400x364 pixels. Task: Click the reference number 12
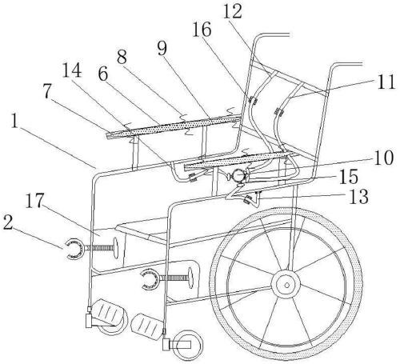point(233,11)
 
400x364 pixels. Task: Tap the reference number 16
point(202,30)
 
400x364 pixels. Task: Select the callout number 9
point(162,49)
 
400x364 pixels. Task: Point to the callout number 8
point(122,56)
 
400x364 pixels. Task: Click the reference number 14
point(72,70)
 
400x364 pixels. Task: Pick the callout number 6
point(103,74)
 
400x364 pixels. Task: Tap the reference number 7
point(47,91)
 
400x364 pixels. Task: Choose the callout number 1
point(14,122)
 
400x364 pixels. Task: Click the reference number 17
point(34,201)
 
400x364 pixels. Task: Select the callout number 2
point(8,223)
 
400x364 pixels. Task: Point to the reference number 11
point(386,82)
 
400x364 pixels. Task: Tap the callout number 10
point(384,158)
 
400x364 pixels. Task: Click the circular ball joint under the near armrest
point(238,175)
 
